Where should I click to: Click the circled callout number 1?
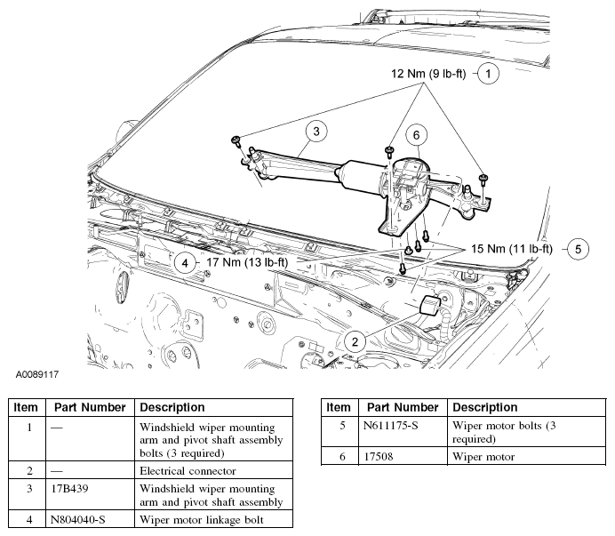point(489,74)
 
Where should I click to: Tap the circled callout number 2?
point(355,340)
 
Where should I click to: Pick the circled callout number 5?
point(577,249)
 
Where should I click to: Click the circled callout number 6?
point(415,134)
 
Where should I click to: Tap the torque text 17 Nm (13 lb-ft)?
point(246,262)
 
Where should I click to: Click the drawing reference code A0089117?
point(36,375)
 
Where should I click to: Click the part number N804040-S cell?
point(83,520)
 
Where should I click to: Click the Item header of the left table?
point(26,407)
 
